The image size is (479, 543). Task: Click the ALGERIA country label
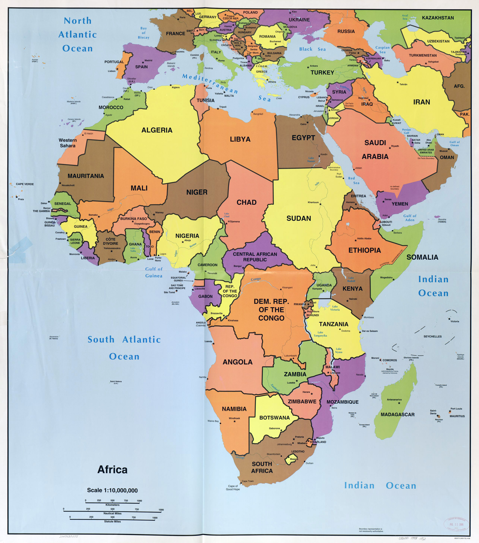[x=157, y=130]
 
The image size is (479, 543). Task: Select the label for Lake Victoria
[x=335, y=308]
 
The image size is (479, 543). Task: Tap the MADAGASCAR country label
[x=398, y=414]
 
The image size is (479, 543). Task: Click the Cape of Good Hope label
[x=233, y=487]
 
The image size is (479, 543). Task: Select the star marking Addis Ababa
[x=356, y=240]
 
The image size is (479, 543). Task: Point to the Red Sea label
[x=354, y=180]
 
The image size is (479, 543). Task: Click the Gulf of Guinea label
[x=154, y=272]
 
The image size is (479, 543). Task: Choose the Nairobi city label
[x=353, y=299]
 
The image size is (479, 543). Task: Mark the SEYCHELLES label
[x=433, y=336]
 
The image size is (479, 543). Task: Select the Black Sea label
[x=312, y=49]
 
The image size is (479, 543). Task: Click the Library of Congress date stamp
[x=456, y=524]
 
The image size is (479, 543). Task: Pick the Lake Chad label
[x=227, y=215]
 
